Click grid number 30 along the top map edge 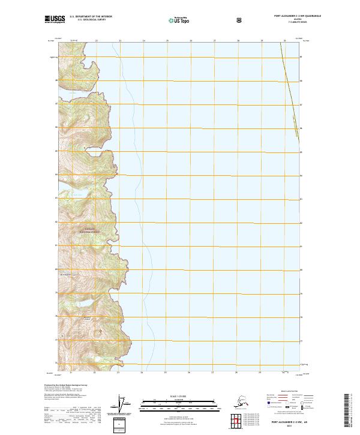pyautogui.click(x=285, y=41)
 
